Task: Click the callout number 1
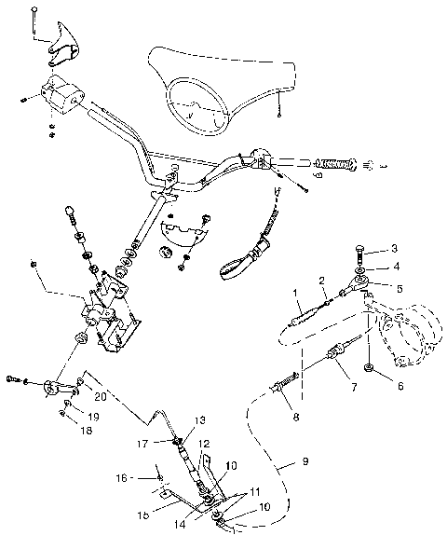[297, 292]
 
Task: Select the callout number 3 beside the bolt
[394, 248]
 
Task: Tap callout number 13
[199, 419]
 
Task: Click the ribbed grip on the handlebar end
[333, 165]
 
